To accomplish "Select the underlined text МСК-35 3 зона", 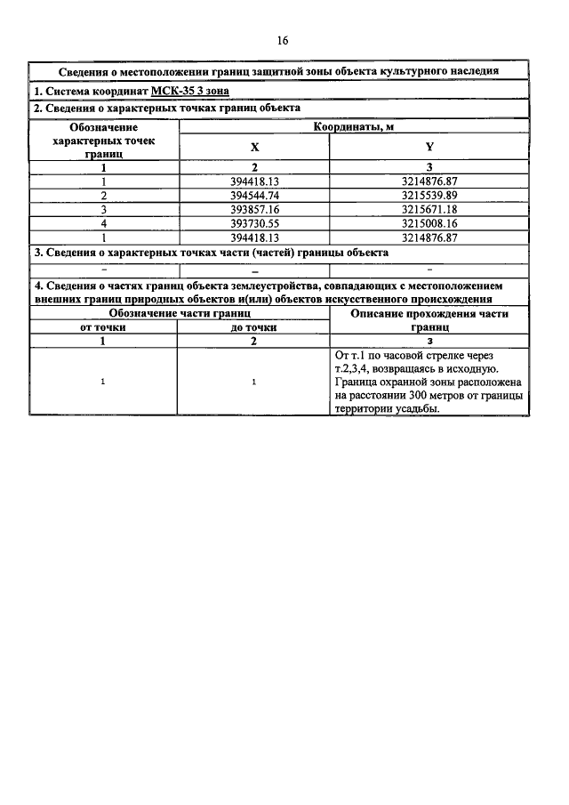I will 191,91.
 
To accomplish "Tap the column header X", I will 254,148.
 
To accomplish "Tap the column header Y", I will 429,148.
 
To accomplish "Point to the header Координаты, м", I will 354,127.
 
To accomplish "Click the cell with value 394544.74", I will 254,195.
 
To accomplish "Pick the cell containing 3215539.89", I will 429,195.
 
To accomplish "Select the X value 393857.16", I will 254,209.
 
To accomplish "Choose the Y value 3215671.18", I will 429,209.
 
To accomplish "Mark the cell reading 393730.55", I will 254,223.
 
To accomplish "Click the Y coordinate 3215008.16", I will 429,223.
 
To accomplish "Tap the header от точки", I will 103,327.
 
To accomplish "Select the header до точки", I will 253,327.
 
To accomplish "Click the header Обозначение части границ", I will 178,314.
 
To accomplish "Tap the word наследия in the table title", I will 477,71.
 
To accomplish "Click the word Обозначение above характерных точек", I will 103,127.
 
